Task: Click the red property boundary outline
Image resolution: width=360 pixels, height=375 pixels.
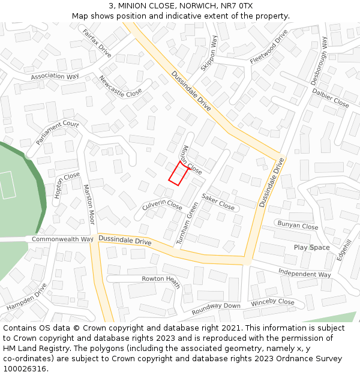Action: pos(178,173)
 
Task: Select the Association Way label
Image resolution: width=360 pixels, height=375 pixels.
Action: pos(55,77)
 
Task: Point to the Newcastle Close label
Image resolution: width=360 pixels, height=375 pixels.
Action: pos(120,86)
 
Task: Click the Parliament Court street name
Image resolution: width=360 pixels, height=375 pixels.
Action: pos(58,133)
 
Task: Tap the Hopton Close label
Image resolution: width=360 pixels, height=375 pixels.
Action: pos(67,185)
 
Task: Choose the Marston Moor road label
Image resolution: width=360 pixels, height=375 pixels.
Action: pos(89,204)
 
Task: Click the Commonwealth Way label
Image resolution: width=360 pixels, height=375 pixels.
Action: pos(62,239)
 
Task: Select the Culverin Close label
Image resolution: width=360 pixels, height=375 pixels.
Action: pos(162,205)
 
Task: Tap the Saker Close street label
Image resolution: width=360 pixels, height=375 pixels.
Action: pos(218,202)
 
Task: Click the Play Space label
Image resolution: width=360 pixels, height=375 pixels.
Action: pos(311,247)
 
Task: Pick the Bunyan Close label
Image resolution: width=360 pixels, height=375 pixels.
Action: pos(298,226)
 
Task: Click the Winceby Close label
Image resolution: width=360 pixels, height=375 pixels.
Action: pos(273,302)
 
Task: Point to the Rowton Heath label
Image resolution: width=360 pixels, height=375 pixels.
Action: pos(161,281)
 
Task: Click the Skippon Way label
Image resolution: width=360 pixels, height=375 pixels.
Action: pos(209,53)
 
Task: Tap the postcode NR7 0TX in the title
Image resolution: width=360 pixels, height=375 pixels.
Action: pos(238,6)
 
